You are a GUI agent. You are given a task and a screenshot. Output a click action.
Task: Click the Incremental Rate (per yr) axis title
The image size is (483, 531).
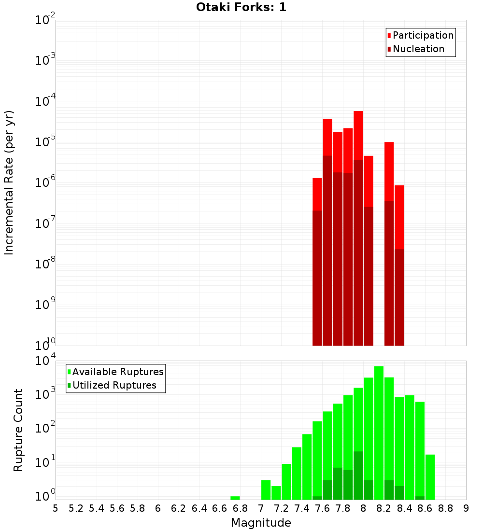pos(9,182)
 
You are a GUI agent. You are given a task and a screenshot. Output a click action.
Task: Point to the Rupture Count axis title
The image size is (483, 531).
pos(18,430)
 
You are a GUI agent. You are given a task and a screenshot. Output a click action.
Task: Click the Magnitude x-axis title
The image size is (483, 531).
pos(261,523)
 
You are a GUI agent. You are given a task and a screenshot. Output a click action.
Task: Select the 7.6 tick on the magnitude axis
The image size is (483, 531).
pos(322,508)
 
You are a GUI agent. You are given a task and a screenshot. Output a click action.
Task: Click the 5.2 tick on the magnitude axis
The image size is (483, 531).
pos(76,508)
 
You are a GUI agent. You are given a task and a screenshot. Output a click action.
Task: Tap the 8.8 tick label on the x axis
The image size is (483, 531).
pos(445,508)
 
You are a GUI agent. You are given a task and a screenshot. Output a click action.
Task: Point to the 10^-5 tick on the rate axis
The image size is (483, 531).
pos(44,141)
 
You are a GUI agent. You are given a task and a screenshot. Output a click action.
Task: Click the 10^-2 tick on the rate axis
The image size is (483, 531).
pos(44,20)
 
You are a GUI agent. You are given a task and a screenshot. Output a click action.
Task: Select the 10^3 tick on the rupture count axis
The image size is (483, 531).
pos(44,394)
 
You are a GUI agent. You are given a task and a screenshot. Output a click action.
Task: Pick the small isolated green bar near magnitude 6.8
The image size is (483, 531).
pos(235,498)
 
